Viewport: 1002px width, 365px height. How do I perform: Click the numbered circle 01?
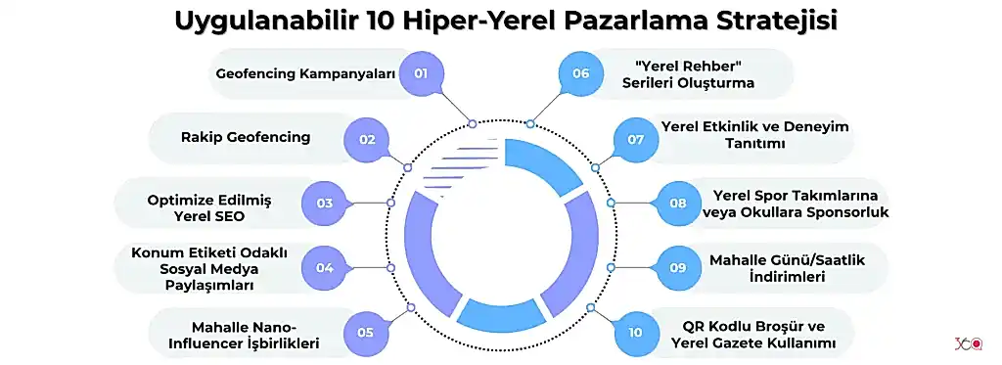422,73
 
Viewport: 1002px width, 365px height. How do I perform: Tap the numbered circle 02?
367,139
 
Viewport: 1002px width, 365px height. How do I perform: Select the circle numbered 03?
325,203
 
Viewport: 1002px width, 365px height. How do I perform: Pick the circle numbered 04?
325,267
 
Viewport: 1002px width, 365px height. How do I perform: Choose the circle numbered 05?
366,332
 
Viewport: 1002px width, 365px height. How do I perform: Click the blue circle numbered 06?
581,73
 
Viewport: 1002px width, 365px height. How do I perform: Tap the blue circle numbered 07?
636,139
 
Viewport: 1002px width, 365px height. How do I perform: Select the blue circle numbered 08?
678,203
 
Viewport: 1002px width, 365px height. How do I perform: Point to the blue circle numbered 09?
678,267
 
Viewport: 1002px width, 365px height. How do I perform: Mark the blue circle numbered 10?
636,332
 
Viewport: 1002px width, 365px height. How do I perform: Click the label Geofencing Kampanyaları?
305,73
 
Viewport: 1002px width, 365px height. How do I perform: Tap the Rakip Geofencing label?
246,137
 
